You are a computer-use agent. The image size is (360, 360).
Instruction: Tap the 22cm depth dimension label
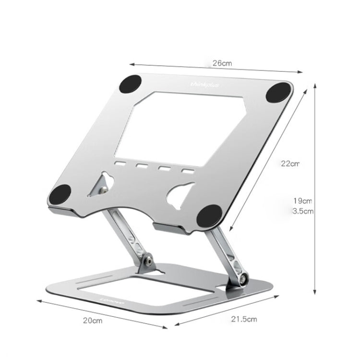pos(290,163)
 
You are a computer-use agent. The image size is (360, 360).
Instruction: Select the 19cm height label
pos(303,201)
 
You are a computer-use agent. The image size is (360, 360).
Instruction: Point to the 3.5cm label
pos(302,211)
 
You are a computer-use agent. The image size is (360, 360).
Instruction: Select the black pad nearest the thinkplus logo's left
pos(131,85)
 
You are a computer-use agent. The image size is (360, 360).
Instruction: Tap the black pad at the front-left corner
pos(60,195)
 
